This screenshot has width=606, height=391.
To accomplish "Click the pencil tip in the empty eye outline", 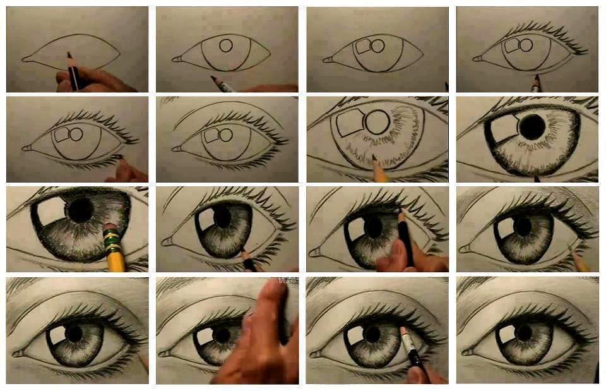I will click(x=69, y=56).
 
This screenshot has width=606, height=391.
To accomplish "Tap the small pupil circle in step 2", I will click(x=227, y=45).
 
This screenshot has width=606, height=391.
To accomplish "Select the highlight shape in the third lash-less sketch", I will click(x=362, y=47).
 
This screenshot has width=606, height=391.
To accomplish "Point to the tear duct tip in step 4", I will click(x=477, y=59).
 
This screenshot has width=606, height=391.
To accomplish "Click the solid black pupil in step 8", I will click(x=532, y=128).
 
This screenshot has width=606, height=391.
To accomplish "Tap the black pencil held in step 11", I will click(x=407, y=240).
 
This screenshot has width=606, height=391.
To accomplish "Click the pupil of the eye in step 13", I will click(x=74, y=333).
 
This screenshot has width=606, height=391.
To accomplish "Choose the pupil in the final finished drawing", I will click(x=523, y=333).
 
